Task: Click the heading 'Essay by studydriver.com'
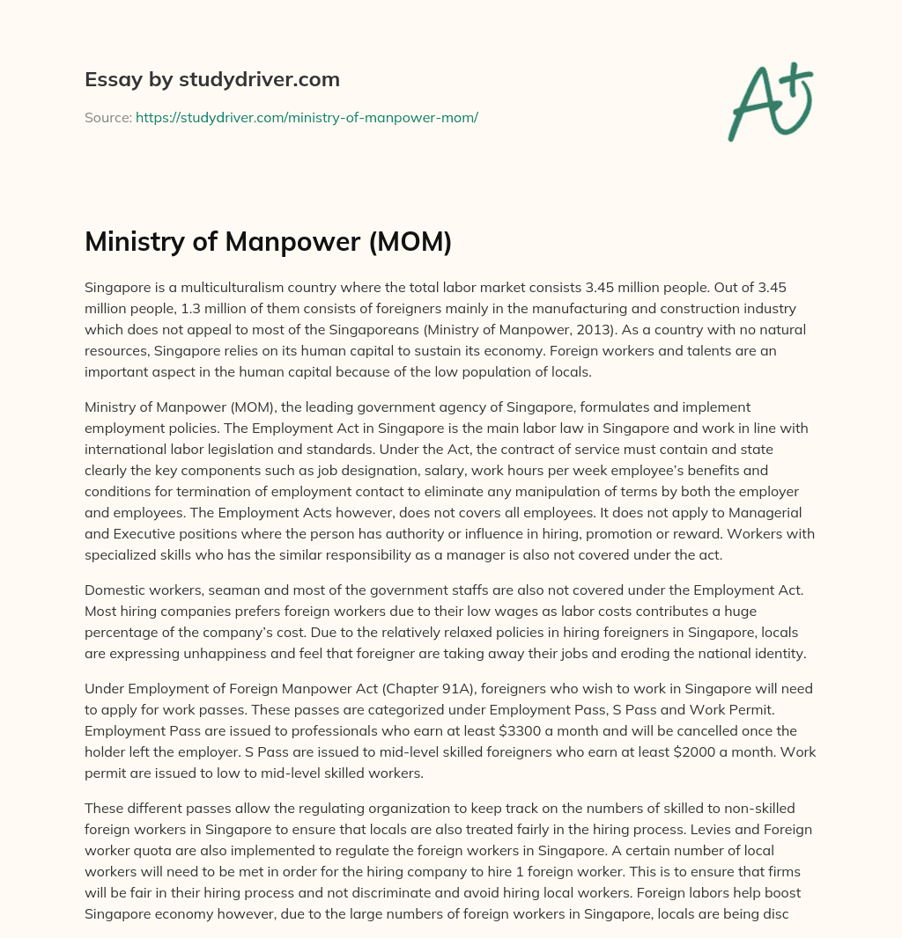[x=211, y=79]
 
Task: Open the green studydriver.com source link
[x=307, y=117]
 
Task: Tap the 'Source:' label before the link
[x=108, y=117]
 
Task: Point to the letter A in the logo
[x=752, y=105]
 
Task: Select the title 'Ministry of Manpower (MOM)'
[x=268, y=241]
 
